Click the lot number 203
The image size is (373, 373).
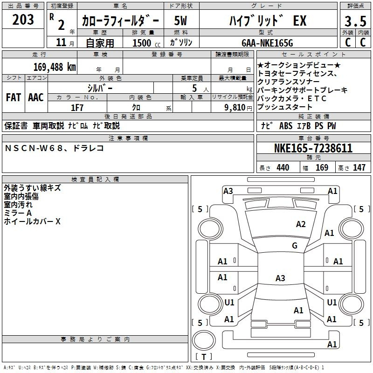pyautogui.click(x=23, y=20)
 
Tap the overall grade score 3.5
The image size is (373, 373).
pyautogui.click(x=355, y=21)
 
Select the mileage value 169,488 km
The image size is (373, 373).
pyautogui.click(x=55, y=67)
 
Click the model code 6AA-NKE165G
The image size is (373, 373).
pyautogui.click(x=267, y=43)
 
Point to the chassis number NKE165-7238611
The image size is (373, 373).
pyautogui.click(x=313, y=148)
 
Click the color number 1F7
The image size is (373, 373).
pyautogui.click(x=77, y=108)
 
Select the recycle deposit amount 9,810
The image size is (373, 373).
pyautogui.click(x=235, y=108)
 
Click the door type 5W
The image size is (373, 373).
pyautogui.click(x=180, y=21)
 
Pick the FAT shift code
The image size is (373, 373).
pyautogui.click(x=14, y=97)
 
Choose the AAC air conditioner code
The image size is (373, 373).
pyautogui.click(x=36, y=97)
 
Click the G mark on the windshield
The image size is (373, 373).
pyautogui.click(x=295, y=245)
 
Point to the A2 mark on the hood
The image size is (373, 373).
pyautogui.click(x=301, y=224)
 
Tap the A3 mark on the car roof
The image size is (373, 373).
pyautogui.click(x=280, y=278)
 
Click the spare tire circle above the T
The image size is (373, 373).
pyautogui.click(x=204, y=340)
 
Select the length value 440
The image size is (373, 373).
pyautogui.click(x=283, y=167)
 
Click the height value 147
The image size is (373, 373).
pyautogui.click(x=359, y=167)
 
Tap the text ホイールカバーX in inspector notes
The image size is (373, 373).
pyautogui.click(x=32, y=221)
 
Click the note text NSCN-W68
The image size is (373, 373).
pyautogui.click(x=34, y=148)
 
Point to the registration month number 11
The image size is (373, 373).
pyautogui.click(x=61, y=42)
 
